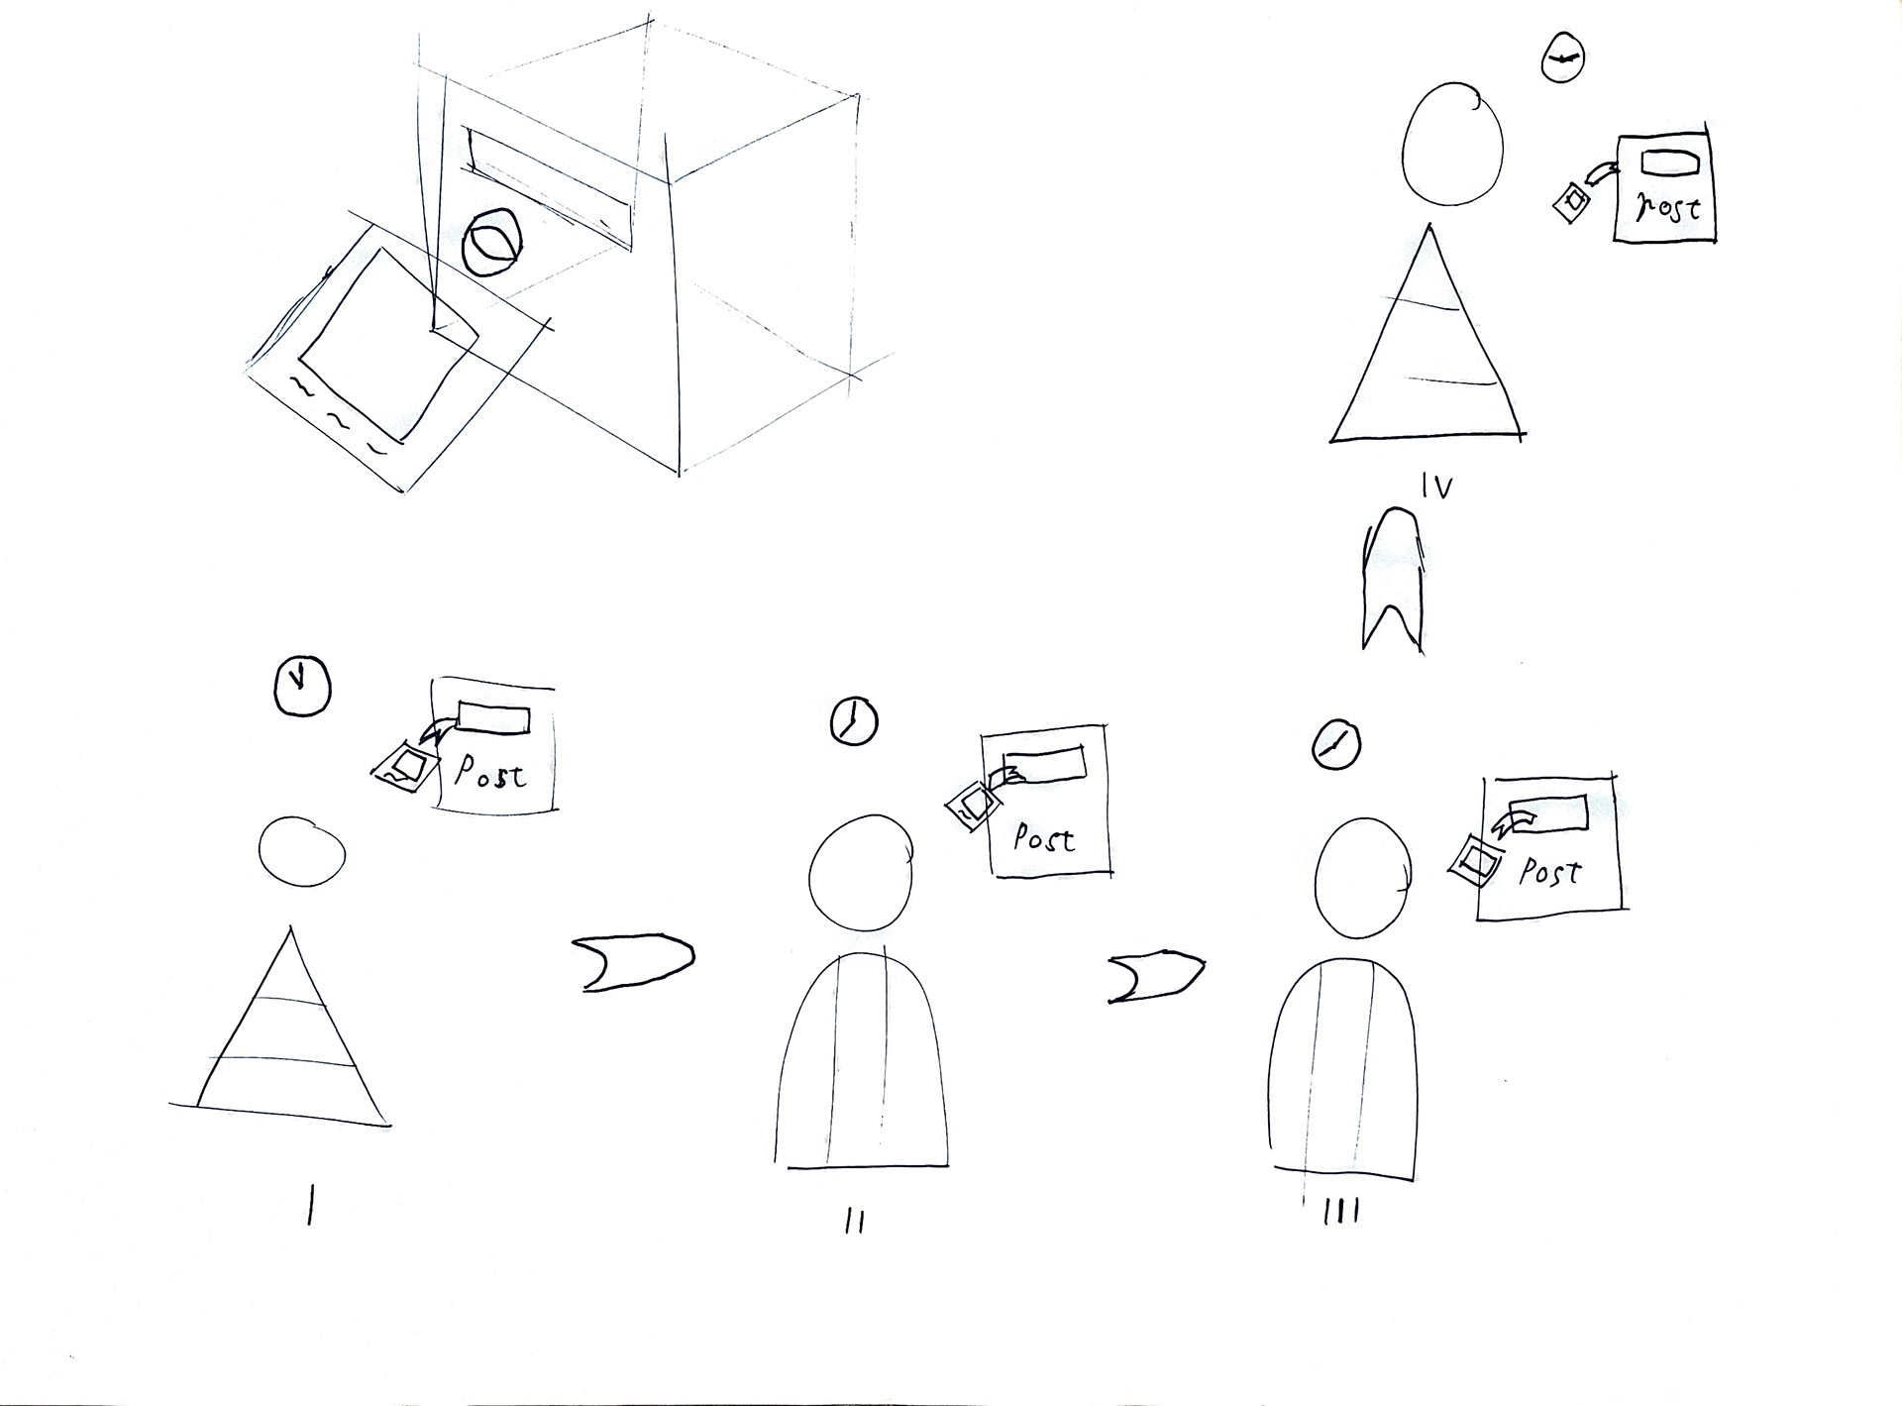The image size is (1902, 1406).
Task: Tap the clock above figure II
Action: tap(853, 720)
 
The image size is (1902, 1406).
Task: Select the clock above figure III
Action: tap(1335, 744)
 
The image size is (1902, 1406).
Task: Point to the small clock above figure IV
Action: tap(1560, 59)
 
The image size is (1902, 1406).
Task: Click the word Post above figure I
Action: tap(490, 773)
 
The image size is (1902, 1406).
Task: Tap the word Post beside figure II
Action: tap(1044, 838)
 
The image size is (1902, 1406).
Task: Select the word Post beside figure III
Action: tap(1550, 872)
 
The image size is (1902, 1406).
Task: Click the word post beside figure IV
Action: tap(1667, 206)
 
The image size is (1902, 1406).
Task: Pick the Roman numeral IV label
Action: tap(1436, 486)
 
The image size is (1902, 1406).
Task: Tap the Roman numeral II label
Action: tap(856, 1223)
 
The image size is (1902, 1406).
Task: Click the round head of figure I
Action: tap(302, 850)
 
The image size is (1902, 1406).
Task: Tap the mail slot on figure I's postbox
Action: tap(493, 718)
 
